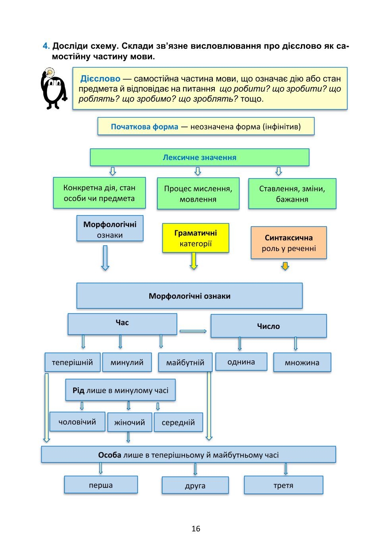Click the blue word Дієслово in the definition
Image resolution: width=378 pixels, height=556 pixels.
(100, 79)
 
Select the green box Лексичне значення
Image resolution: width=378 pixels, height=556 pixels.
(200, 157)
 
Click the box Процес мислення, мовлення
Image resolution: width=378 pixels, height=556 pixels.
(198, 194)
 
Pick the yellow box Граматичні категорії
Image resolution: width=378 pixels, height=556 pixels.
(196, 238)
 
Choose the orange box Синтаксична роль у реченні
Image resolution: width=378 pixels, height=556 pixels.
(289, 243)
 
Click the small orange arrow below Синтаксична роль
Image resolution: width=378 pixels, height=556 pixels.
(285, 266)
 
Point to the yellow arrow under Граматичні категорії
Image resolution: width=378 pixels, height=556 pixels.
(194, 261)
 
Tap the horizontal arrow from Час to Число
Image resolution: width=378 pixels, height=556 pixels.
(193, 331)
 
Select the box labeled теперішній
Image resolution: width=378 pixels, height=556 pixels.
(73, 362)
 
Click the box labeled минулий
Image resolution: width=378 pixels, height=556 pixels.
(127, 362)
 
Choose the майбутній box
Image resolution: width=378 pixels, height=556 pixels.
(185, 362)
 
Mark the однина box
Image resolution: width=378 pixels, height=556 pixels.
(241, 362)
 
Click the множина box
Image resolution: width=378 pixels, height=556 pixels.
(302, 362)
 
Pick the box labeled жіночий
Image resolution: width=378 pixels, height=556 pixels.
(129, 422)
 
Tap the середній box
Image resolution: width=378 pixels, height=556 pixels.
(178, 422)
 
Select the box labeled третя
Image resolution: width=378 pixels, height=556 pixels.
(283, 485)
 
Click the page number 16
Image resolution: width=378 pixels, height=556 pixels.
(196, 529)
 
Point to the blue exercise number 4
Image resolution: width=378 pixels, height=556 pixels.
(46, 46)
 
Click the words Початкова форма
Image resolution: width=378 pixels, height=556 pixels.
(145, 127)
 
